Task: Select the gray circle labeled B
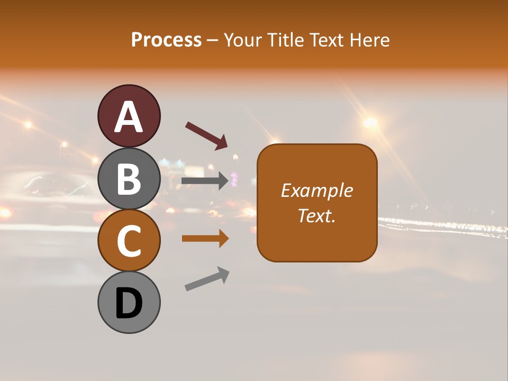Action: pyautogui.click(x=129, y=179)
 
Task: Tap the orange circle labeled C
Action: pyautogui.click(x=129, y=241)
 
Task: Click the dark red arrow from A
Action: pyautogui.click(x=206, y=135)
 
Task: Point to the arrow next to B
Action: pyautogui.click(x=205, y=181)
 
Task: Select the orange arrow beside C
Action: pyautogui.click(x=205, y=239)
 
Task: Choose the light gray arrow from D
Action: pyautogui.click(x=207, y=279)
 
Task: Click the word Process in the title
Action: pyautogui.click(x=166, y=40)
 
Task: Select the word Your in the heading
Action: pyautogui.click(x=243, y=40)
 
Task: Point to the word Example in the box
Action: pyautogui.click(x=317, y=190)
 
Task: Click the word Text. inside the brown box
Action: pyautogui.click(x=317, y=215)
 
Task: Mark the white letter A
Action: pyautogui.click(x=129, y=117)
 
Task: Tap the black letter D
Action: pyautogui.click(x=129, y=304)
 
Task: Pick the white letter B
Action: pyautogui.click(x=129, y=179)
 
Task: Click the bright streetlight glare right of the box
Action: pyautogui.click(x=370, y=123)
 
